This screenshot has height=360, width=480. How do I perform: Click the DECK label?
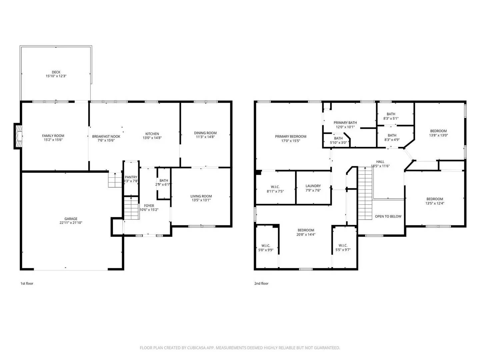[56, 72]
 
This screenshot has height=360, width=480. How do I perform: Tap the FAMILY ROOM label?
[53, 136]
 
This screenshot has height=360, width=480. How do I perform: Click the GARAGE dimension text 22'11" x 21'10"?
[71, 223]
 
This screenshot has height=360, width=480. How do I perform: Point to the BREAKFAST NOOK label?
[106, 136]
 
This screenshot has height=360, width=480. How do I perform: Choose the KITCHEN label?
[152, 134]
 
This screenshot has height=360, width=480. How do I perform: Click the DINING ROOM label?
[205, 133]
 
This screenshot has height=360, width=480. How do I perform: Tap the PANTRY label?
[131, 177]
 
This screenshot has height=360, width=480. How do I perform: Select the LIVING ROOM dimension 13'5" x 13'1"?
[201, 200]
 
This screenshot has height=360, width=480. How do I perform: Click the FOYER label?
[149, 206]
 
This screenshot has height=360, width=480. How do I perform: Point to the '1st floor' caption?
[27, 284]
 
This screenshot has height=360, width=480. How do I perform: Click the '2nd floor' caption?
[261, 284]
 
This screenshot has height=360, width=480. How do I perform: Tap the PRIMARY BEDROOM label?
[290, 136]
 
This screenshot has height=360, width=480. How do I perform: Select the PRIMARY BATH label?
[345, 123]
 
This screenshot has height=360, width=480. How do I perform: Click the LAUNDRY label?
[313, 186]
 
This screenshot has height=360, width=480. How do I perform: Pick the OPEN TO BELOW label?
[388, 216]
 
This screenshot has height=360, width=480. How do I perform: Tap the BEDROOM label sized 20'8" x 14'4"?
[306, 230]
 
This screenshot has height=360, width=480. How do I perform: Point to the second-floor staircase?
[365, 193]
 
